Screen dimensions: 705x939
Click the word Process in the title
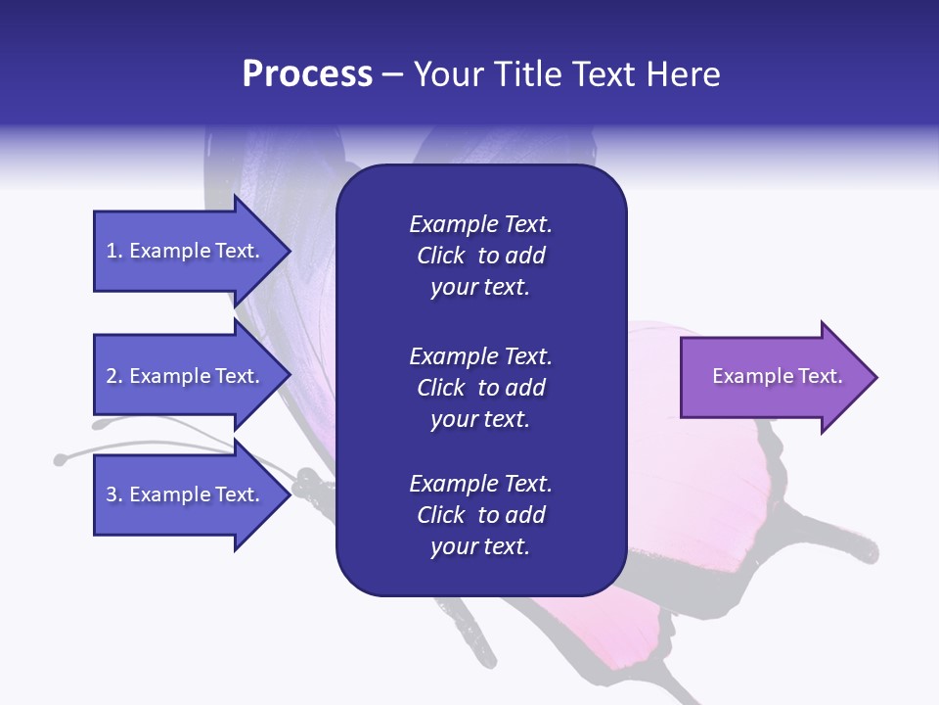[307, 74]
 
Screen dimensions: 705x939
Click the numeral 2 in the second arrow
[112, 376]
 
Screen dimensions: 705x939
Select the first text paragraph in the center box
[480, 256]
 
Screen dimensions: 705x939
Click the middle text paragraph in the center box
[480, 388]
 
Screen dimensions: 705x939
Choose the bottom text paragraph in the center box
[480, 515]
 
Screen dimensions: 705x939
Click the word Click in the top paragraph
[440, 256]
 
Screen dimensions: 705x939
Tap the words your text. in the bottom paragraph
[480, 546]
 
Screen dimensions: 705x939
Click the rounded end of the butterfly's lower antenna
[61, 458]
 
